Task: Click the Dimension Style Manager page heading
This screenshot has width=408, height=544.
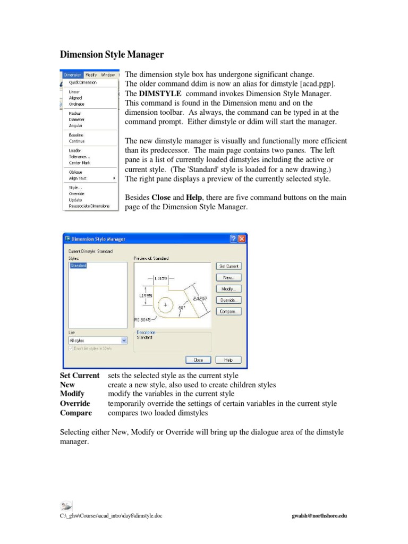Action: tap(111, 55)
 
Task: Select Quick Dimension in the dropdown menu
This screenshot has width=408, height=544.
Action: tap(80, 82)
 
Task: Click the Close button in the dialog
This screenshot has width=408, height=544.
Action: tap(198, 360)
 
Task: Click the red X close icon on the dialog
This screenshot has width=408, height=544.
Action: tap(242, 239)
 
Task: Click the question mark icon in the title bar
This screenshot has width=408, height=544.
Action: tap(233, 239)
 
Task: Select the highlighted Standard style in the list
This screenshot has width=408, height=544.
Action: tap(78, 265)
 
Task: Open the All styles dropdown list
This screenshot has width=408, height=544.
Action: tap(98, 340)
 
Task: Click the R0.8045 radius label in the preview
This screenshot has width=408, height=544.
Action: tap(142, 320)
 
